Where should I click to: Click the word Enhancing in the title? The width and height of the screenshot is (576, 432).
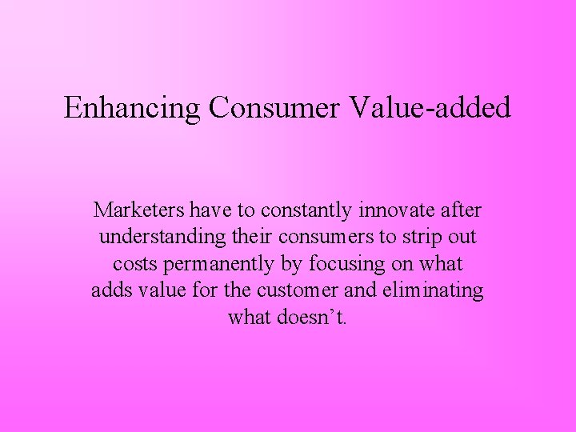pos(132,107)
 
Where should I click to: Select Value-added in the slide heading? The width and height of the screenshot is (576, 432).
pos(430,107)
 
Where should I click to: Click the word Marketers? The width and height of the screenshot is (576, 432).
pos(138,210)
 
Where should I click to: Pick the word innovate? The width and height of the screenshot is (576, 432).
pos(394,210)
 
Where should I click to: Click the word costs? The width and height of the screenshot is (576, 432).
pos(134,264)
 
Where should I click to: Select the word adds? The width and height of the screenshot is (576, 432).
pos(110,290)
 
